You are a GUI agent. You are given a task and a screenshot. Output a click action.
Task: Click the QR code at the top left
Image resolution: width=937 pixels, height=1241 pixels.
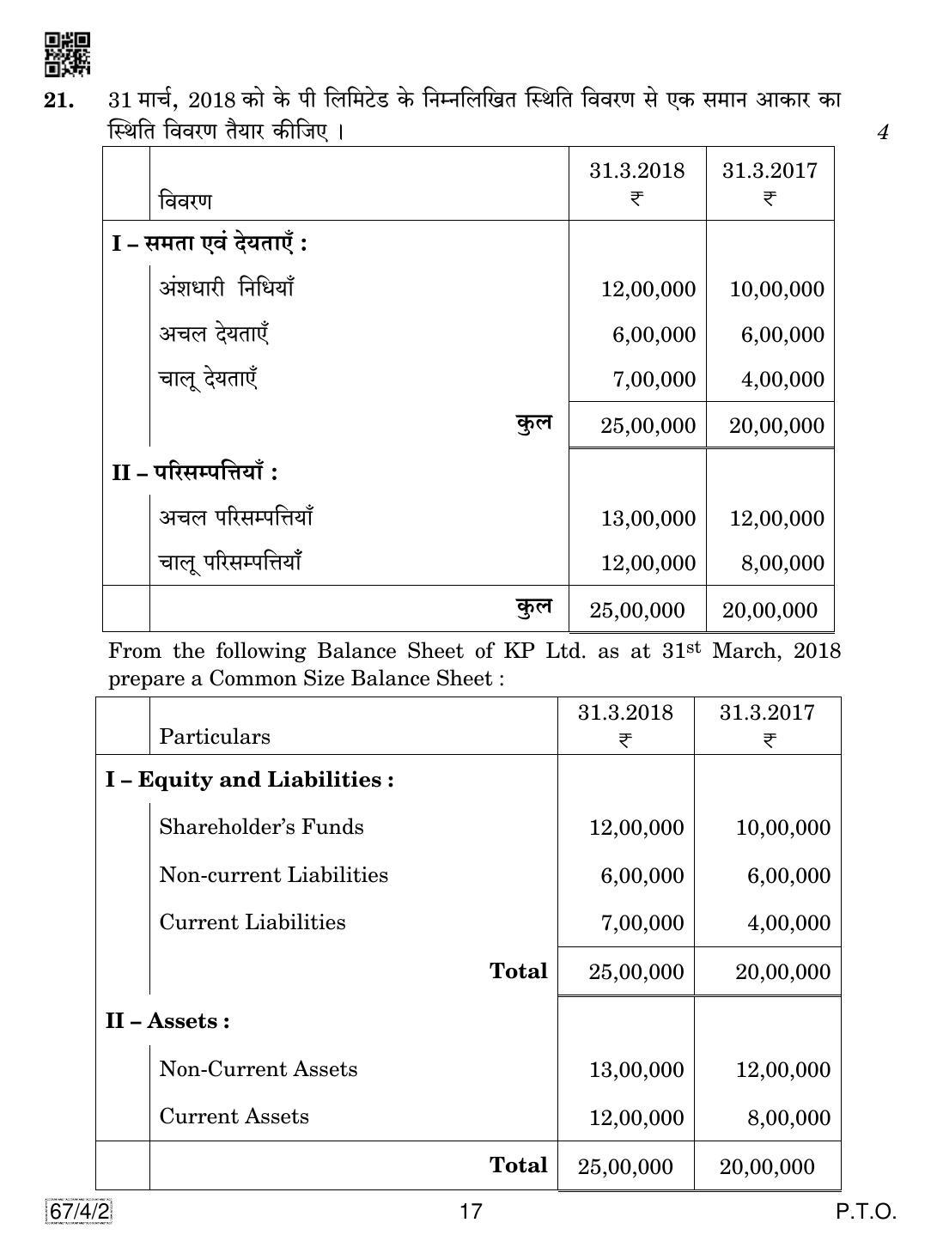(67, 54)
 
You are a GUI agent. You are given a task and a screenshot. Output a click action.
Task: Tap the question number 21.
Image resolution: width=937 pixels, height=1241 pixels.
(59, 100)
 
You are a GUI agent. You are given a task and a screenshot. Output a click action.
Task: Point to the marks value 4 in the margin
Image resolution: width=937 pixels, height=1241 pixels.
(883, 132)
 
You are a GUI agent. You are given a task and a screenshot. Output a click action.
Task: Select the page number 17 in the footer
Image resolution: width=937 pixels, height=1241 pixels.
(471, 1212)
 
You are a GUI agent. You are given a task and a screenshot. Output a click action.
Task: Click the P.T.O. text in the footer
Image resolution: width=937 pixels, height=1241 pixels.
(866, 1212)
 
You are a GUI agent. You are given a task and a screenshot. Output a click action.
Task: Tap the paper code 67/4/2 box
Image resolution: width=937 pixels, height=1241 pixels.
(77, 1212)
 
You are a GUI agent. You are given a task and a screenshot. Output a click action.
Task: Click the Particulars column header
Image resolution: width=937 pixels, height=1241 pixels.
(215, 737)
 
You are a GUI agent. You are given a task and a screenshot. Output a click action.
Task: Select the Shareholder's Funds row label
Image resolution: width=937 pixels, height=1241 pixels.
(261, 827)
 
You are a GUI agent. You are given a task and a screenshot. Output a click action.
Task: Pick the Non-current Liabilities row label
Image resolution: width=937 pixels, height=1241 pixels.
(273, 875)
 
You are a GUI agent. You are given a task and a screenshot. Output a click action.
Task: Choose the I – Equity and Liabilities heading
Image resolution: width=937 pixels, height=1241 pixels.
(249, 780)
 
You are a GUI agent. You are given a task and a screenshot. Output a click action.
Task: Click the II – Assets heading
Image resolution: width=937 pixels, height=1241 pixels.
(167, 1021)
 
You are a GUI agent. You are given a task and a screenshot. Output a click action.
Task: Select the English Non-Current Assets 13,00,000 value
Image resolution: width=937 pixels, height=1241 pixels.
(636, 1069)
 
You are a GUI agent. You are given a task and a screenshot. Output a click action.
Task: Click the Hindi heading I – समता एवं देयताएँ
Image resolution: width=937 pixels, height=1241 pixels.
(210, 244)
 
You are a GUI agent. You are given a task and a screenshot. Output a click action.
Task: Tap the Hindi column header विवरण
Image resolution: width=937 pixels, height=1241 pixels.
(185, 202)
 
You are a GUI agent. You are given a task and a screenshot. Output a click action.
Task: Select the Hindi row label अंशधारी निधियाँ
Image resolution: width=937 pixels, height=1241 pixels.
(226, 288)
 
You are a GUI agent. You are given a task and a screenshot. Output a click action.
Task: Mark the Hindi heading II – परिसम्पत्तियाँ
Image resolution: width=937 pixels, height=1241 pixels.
(195, 471)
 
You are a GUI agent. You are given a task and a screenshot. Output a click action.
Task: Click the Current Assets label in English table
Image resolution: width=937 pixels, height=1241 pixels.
(234, 1116)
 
